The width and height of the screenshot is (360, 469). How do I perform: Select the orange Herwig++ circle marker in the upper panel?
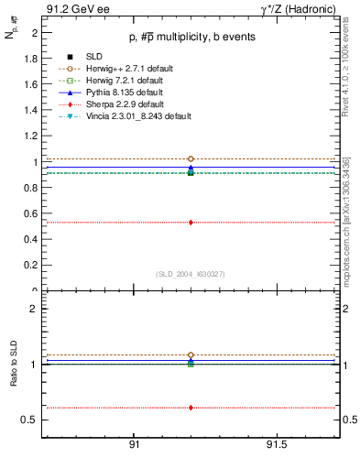(191, 158)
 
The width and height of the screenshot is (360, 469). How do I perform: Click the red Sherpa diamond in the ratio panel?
(191, 408)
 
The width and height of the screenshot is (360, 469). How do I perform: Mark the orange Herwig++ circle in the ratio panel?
(191, 354)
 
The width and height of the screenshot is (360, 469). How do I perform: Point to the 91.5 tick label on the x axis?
(290, 444)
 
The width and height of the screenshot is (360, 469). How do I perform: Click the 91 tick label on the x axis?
(134, 444)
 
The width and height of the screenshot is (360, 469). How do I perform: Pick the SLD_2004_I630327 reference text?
(191, 274)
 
